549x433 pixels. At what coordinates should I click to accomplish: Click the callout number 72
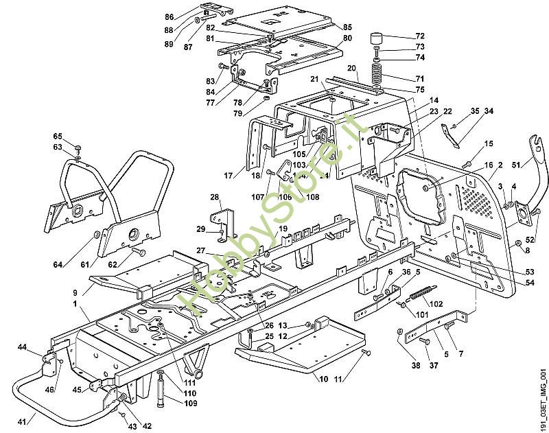coord(421,36)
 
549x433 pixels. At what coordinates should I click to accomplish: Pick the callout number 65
coord(58,137)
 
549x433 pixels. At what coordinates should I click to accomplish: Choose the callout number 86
coord(170,16)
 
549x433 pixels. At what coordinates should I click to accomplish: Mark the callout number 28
coord(215,198)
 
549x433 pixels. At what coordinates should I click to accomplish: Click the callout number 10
coord(322,379)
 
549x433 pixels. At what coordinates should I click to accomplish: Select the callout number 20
coord(352,68)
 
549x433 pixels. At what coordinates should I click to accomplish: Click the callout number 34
coord(489,110)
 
